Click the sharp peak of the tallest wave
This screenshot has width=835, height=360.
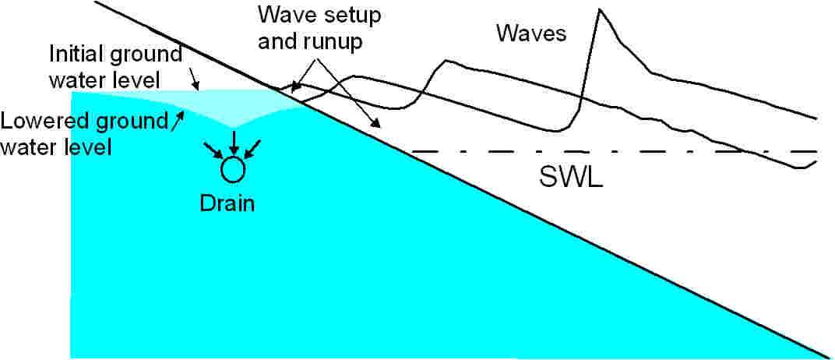[600, 9]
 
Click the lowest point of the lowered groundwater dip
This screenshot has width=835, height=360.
[234, 128]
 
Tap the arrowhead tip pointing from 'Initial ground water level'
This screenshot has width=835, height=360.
[198, 89]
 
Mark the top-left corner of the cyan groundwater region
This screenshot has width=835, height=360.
[72, 92]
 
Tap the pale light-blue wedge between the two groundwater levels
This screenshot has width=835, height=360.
[233, 108]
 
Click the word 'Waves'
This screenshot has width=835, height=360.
[530, 34]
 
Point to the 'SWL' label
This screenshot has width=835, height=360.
[570, 177]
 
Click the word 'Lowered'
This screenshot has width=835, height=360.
[37, 122]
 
